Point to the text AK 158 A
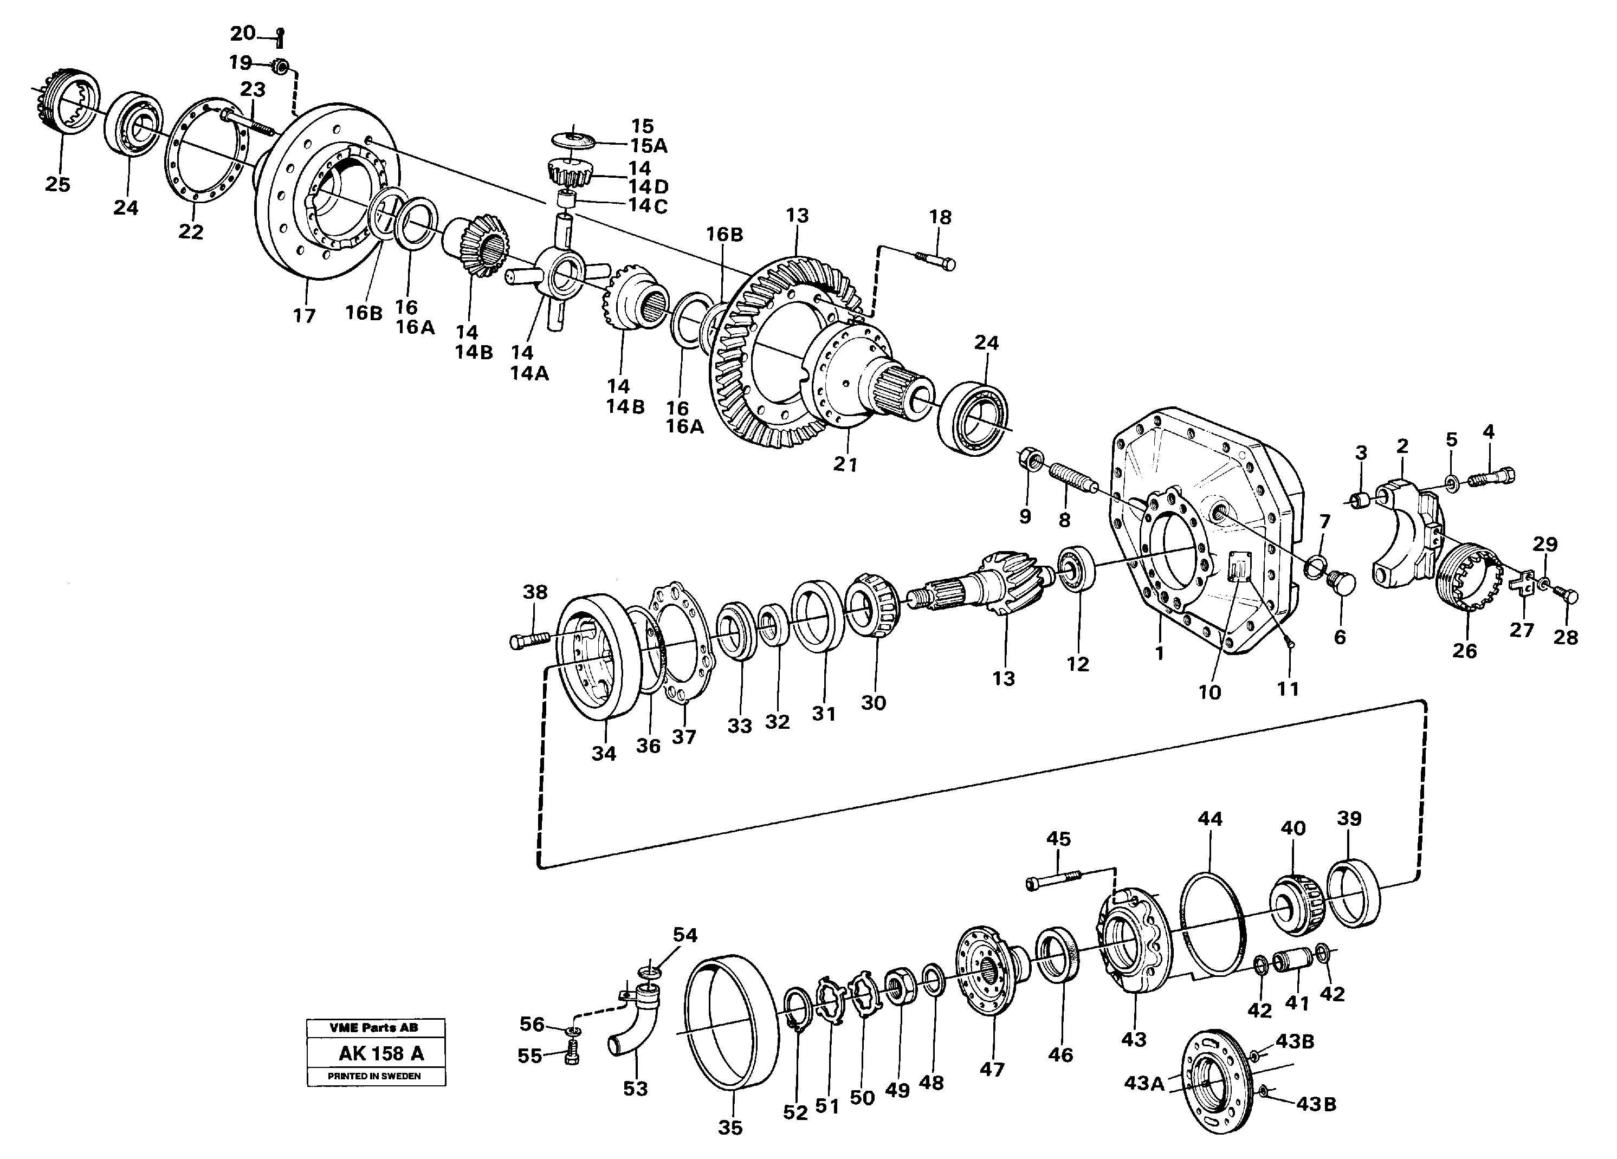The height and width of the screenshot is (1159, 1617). pos(381,1053)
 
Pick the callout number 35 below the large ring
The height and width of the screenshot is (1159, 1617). pos(730,1128)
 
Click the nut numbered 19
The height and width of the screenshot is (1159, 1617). pos(281,66)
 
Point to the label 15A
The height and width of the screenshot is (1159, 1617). pos(649,146)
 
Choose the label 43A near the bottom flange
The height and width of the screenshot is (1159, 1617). pos(1143,1084)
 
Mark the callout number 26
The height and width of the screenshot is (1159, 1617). pos(1464,651)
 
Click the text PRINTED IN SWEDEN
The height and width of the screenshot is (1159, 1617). pos(374,1076)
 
